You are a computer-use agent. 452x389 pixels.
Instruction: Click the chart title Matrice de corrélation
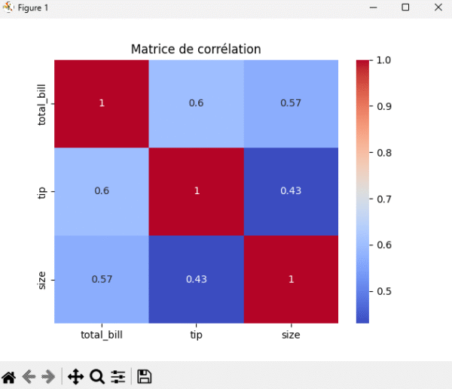(x=196, y=49)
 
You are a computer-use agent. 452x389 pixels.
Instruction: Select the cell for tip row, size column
(x=291, y=190)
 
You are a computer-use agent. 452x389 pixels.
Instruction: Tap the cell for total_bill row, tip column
(x=196, y=103)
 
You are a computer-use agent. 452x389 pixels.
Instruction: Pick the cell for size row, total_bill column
(x=102, y=278)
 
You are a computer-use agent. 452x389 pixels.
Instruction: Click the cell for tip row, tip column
(x=196, y=190)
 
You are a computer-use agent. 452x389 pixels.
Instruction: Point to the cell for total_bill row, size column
(x=291, y=103)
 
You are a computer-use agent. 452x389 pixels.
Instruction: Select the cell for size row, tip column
(x=196, y=278)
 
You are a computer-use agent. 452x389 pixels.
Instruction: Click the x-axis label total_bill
(x=102, y=335)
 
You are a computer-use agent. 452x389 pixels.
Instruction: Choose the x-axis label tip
(x=196, y=335)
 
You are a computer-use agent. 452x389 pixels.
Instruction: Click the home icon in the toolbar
(x=10, y=376)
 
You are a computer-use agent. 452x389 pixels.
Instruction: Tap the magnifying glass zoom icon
(x=96, y=376)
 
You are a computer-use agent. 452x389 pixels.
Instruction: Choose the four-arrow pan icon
(x=75, y=376)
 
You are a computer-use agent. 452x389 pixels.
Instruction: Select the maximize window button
(x=405, y=8)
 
